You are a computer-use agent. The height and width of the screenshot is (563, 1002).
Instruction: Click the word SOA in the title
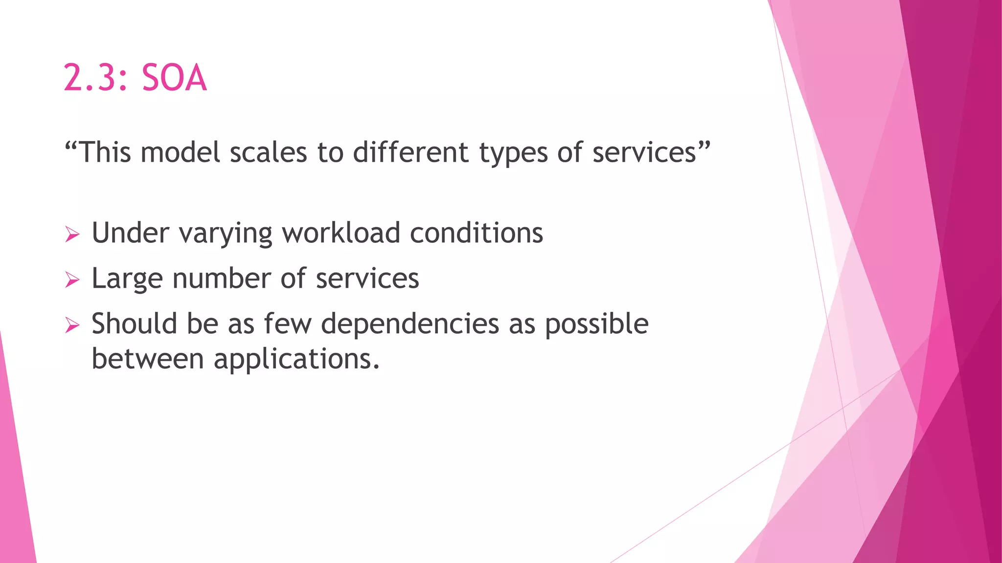[x=174, y=78]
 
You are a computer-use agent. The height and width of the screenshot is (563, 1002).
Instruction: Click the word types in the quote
[x=513, y=153]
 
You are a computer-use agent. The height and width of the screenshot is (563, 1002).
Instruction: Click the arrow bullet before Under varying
[x=72, y=235]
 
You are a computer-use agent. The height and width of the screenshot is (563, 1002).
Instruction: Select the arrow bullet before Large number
[x=72, y=281]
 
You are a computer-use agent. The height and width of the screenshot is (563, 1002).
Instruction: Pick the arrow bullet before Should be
[x=72, y=325]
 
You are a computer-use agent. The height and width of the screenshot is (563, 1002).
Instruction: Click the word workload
[x=341, y=233]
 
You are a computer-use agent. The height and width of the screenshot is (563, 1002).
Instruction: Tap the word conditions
[x=477, y=233]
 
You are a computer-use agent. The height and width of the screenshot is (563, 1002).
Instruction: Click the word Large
[x=127, y=279]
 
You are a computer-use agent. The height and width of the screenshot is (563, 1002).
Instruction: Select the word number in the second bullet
[x=221, y=278]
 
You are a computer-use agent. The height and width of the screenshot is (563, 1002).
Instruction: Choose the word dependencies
[x=410, y=325]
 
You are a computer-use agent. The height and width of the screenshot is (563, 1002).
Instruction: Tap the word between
[x=148, y=359]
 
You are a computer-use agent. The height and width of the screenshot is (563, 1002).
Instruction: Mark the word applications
[x=296, y=360]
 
